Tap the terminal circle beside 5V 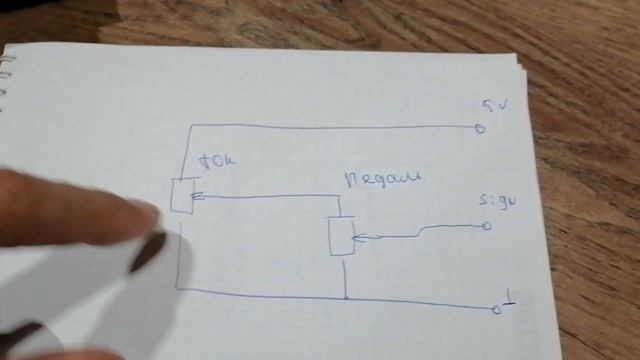480,128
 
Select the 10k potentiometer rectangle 181,194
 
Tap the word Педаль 384,180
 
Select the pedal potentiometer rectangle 342,236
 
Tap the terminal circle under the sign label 487,226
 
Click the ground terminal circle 497,310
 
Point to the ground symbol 510,299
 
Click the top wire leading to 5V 330,127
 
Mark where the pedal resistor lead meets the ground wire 345,298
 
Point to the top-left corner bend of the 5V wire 187,128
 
